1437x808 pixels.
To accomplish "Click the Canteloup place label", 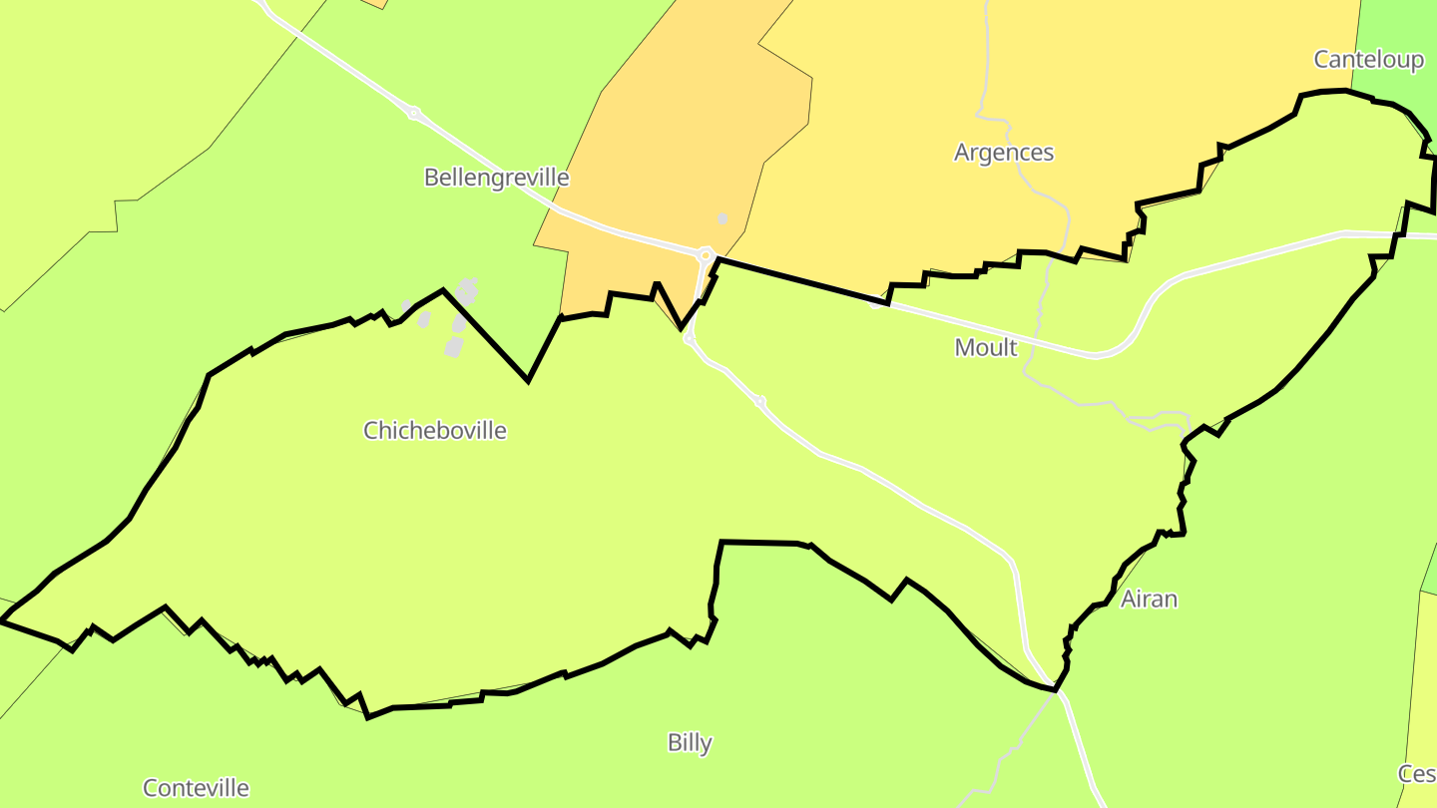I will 1368,60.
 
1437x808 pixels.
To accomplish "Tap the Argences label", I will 1003,153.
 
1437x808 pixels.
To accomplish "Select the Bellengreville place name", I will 496,178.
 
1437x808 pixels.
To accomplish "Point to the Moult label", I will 985,347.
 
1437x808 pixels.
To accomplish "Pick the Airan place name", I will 1149,599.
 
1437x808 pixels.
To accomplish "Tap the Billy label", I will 690,743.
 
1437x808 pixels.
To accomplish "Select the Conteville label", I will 196,788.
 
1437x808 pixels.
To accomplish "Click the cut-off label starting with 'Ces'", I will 1417,774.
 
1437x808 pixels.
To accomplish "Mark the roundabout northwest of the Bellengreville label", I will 413,113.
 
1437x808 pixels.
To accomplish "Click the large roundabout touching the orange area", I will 706,255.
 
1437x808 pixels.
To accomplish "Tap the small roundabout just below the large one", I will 689,339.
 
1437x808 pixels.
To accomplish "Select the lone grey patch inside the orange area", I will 722,218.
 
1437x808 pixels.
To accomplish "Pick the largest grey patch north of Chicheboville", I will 466,292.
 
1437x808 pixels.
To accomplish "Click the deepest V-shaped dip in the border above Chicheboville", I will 527,380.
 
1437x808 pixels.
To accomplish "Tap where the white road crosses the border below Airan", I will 1055,689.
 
